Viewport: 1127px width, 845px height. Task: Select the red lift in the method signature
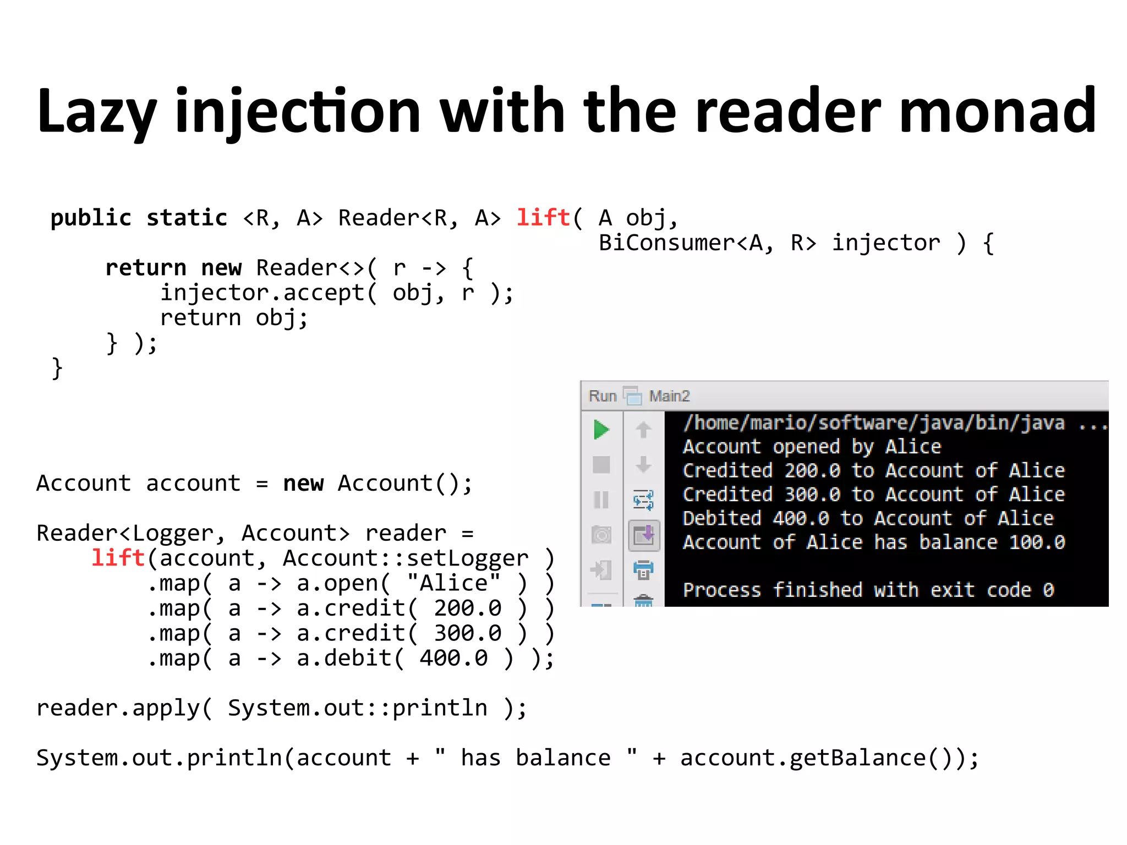[x=543, y=218]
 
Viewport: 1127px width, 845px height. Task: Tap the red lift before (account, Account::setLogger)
[x=118, y=558]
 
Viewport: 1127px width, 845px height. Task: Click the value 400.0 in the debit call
[x=453, y=659]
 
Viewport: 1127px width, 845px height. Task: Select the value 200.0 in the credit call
[x=467, y=608]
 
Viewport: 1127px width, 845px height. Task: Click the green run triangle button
[x=601, y=430]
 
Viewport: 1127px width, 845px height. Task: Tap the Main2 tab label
[x=669, y=396]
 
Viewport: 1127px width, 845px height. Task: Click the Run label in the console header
[x=602, y=396]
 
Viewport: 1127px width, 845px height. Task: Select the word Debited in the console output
[x=721, y=518]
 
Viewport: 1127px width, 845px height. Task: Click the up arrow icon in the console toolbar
[x=643, y=430]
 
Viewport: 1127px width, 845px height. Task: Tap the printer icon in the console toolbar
[x=643, y=570]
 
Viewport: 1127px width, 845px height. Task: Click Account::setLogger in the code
[x=405, y=558]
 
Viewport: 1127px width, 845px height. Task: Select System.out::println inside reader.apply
[x=357, y=709]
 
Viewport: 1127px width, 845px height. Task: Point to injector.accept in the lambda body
[x=262, y=293]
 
